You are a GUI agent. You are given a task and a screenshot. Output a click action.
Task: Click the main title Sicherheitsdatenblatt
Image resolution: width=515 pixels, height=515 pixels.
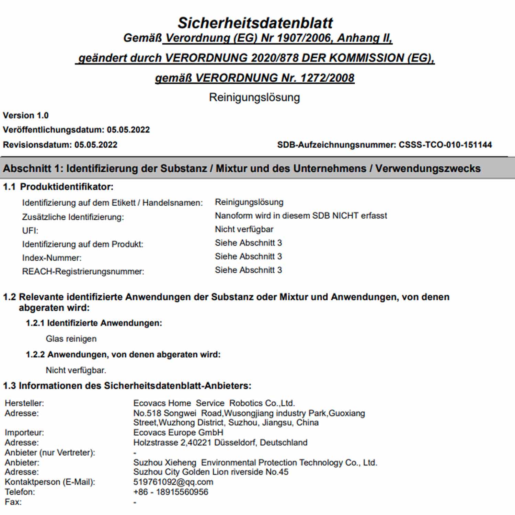pyautogui.click(x=255, y=23)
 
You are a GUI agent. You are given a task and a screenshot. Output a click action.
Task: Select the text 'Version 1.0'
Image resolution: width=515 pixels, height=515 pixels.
pyautogui.click(x=26, y=115)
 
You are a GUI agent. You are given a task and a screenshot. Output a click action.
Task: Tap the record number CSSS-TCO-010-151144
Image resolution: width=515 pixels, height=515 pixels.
pyautogui.click(x=445, y=145)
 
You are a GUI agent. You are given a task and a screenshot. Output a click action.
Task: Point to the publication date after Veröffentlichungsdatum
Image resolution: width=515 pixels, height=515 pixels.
pyautogui.click(x=128, y=130)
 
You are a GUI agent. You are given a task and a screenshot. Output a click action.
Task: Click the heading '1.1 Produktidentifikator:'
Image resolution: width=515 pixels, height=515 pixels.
pyautogui.click(x=58, y=187)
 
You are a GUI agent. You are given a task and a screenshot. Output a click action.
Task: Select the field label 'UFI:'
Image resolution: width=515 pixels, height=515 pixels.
pyautogui.click(x=30, y=231)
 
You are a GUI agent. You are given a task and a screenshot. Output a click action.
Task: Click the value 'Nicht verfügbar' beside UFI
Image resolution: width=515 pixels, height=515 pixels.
pyautogui.click(x=244, y=229)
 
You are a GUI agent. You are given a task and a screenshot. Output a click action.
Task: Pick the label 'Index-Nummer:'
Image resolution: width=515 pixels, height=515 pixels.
pyautogui.click(x=52, y=258)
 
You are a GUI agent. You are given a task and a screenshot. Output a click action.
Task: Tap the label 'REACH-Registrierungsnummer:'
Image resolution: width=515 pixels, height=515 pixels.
pyautogui.click(x=83, y=272)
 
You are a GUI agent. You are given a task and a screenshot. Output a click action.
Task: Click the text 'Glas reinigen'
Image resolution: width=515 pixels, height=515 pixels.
pyautogui.click(x=71, y=339)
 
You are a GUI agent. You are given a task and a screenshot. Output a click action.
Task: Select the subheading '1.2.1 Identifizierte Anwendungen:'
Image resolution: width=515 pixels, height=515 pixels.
pyautogui.click(x=94, y=323)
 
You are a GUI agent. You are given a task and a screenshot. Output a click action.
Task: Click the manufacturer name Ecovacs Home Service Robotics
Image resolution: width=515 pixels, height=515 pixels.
pyautogui.click(x=214, y=403)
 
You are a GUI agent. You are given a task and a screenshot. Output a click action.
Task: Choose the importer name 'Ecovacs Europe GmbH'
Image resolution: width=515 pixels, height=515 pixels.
pyautogui.click(x=178, y=433)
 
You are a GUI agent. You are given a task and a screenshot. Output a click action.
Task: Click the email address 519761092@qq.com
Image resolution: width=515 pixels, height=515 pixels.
pyautogui.click(x=173, y=482)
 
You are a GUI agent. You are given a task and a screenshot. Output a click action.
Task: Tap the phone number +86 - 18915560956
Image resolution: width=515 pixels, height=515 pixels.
pyautogui.click(x=171, y=492)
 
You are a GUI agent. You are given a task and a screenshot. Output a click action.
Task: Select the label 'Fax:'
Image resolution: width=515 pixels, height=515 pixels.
pyautogui.click(x=13, y=502)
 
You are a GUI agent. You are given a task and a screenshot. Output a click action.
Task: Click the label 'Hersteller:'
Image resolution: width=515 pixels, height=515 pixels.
pyautogui.click(x=24, y=403)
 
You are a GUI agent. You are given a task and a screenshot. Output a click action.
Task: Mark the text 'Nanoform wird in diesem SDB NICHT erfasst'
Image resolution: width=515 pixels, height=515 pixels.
pyautogui.click(x=301, y=216)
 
